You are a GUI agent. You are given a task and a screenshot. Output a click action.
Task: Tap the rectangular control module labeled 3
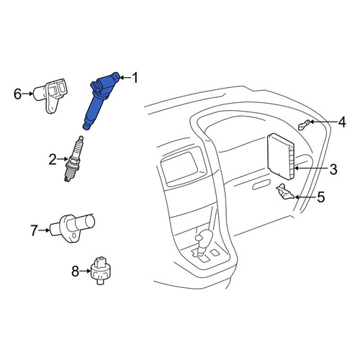(x=280, y=156)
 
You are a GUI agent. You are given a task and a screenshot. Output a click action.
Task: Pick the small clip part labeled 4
(x=304, y=125)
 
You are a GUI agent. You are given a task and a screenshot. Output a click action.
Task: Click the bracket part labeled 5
(x=285, y=192)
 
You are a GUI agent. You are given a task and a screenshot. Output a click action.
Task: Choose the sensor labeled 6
(x=50, y=95)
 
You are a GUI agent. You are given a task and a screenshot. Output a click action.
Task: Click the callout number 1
(x=135, y=78)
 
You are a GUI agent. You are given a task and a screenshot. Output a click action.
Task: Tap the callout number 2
(x=53, y=159)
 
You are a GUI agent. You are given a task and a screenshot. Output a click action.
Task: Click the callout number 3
(x=333, y=168)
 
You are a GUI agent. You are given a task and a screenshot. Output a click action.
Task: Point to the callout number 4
(x=342, y=122)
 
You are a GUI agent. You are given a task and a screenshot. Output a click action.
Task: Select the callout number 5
(x=321, y=197)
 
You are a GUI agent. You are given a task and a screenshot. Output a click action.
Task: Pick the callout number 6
(x=18, y=94)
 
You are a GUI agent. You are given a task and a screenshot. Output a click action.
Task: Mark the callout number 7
(x=35, y=230)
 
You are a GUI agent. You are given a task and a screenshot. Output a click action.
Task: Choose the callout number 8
(x=76, y=271)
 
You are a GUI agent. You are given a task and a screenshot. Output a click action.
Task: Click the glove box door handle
(x=261, y=185)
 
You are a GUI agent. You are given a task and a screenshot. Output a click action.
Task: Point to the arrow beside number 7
(x=44, y=230)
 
